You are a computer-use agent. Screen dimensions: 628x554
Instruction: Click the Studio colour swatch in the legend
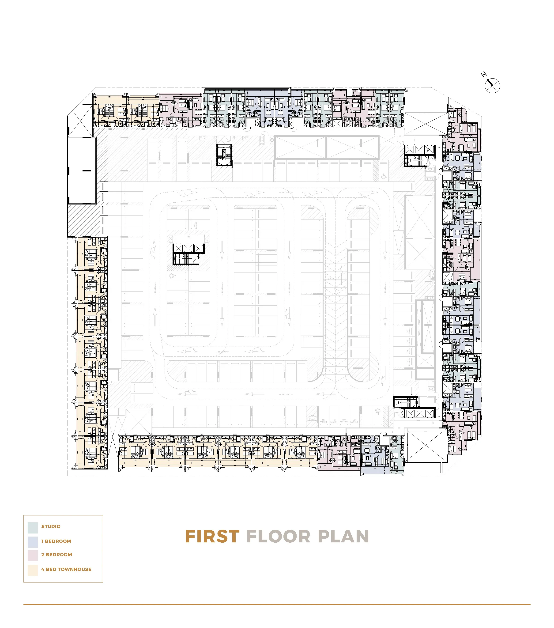coord(33,528)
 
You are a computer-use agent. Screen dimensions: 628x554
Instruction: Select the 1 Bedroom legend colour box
coord(33,542)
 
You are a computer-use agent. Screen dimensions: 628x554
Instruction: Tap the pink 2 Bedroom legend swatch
coord(33,556)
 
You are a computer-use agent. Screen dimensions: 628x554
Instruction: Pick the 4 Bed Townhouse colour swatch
coord(33,570)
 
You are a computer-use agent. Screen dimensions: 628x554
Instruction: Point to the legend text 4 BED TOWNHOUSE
coord(66,569)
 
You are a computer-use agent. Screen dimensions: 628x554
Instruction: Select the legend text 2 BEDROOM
coord(57,555)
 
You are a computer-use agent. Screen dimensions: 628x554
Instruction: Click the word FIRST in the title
coord(212,537)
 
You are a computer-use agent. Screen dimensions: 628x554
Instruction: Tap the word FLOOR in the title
coord(278,537)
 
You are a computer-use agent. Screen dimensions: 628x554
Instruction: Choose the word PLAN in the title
coord(343,537)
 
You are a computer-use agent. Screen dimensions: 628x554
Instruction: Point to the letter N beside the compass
coord(484,75)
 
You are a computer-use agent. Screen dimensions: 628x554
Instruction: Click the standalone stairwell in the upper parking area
coord(224,155)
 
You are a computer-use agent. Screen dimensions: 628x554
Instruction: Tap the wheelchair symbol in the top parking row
coord(384,176)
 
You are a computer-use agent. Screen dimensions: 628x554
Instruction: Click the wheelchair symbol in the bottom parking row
coord(377,411)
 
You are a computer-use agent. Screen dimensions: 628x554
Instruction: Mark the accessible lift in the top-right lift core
coord(429,150)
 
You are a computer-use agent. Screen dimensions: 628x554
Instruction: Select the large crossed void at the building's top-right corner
coord(425,124)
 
